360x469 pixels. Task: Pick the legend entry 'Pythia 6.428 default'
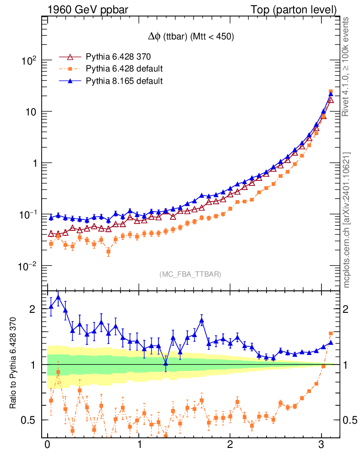point(124,69)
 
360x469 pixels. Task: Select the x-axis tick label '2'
point(230,445)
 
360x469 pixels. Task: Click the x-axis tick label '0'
point(47,445)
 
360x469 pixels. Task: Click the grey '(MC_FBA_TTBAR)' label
point(190,274)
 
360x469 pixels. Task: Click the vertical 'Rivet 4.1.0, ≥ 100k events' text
point(347,66)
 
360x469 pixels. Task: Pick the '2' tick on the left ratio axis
point(33,309)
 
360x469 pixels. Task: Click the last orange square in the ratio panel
point(331,333)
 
